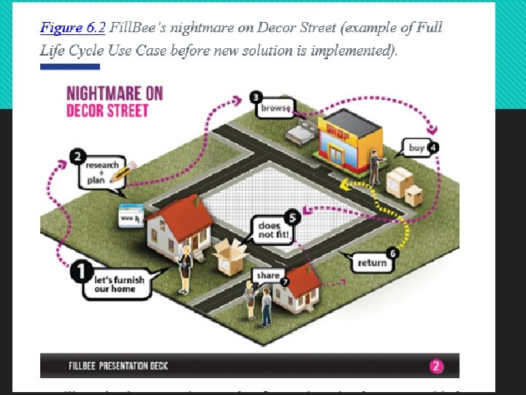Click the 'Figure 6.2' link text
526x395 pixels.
click(72, 29)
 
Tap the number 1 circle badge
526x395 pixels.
click(80, 272)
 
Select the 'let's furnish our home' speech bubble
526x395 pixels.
click(120, 284)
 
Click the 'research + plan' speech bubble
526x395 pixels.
click(102, 170)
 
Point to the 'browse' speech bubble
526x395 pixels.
click(275, 108)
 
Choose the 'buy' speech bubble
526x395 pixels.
click(416, 148)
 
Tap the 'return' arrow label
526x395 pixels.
click(372, 263)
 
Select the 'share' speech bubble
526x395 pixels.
click(268, 276)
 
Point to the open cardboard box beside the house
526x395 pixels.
click(229, 256)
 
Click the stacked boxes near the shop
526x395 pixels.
click(404, 186)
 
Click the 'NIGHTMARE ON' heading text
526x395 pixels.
click(114, 94)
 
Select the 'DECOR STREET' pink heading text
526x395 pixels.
click(107, 110)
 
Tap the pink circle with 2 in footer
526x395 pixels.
click(436, 366)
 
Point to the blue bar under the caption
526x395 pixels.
click(70, 67)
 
